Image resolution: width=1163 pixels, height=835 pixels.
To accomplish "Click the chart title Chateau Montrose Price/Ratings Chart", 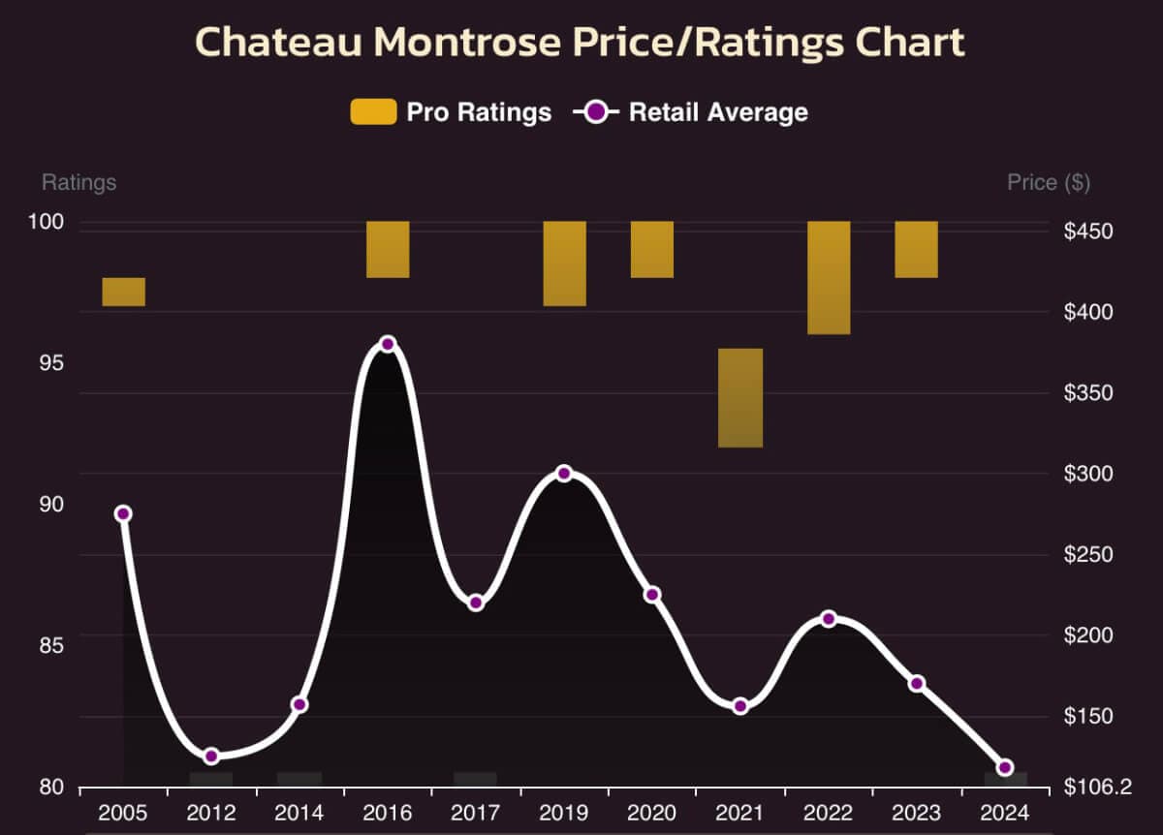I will (x=581, y=43).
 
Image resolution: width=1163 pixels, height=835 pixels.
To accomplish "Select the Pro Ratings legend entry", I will (x=452, y=112).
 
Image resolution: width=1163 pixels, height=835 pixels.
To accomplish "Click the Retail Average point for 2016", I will (x=388, y=344).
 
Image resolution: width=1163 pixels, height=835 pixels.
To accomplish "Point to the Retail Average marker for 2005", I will (x=123, y=513).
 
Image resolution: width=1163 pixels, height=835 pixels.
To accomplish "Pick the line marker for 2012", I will (x=211, y=756).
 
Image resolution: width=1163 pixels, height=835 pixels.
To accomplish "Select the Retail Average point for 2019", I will (x=564, y=474).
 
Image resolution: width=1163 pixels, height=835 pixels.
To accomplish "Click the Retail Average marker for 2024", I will (x=1005, y=767).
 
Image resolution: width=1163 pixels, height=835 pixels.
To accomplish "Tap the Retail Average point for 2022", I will (x=829, y=619).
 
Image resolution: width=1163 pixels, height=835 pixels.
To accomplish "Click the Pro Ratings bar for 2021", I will (x=740, y=397).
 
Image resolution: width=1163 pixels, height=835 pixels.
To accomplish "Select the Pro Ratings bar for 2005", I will (x=123, y=292).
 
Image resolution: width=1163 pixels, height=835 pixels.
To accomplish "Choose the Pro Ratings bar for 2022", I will (x=829, y=277).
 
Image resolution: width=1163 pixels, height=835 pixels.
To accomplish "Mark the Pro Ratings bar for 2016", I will (x=388, y=249).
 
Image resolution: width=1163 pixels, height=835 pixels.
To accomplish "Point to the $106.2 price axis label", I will (x=1095, y=788).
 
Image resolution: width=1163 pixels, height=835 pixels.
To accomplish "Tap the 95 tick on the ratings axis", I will (x=50, y=363).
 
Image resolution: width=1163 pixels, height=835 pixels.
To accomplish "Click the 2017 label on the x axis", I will (x=476, y=812).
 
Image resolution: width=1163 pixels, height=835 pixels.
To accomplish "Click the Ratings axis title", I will (x=79, y=182).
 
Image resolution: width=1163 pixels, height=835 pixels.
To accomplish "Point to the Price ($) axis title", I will (x=1048, y=182).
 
